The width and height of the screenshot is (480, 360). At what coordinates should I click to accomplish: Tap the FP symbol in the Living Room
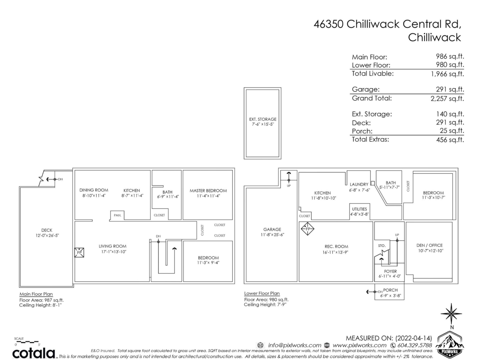point(79,253)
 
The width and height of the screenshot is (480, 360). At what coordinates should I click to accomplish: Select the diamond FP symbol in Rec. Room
point(308,229)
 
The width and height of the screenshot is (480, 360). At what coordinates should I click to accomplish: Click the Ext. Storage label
point(262,119)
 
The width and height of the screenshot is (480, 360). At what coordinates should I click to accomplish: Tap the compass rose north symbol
point(451,314)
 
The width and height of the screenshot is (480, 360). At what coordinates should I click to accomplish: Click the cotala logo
point(34,353)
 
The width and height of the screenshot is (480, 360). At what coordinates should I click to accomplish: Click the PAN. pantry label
point(117,215)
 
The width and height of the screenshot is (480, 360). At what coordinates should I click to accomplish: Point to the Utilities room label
point(359,209)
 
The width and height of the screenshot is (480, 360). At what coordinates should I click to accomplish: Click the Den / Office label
point(430,245)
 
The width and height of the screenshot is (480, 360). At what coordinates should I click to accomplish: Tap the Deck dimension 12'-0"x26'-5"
point(47,236)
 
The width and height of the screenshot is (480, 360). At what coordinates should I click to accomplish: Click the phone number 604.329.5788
point(414,345)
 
